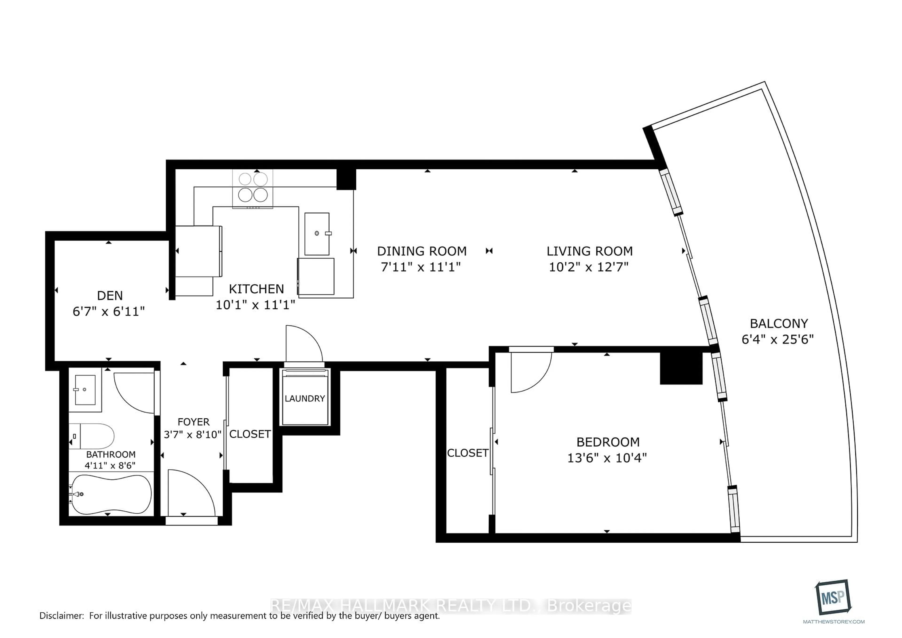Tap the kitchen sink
317,234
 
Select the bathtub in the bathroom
110,494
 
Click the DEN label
110,296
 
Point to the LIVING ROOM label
589,251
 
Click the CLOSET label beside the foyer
250,434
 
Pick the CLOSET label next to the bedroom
467,453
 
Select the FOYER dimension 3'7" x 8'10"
193,435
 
